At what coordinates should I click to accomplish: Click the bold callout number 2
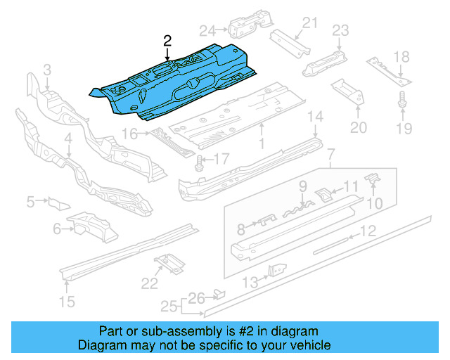167,41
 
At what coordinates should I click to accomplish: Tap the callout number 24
207,30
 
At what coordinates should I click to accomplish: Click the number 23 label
340,30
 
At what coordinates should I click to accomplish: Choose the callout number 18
401,57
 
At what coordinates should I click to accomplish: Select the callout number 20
358,127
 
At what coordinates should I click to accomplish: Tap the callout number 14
316,116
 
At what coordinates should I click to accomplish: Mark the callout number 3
46,70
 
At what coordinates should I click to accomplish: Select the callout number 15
66,302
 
